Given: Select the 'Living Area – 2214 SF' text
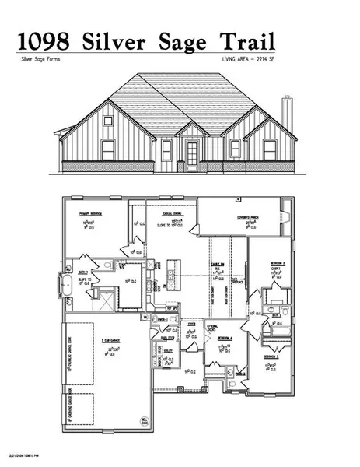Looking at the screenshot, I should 245,59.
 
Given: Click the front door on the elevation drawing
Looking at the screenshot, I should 191,155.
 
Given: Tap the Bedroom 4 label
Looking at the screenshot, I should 225,338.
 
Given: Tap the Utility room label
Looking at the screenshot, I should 169,350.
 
